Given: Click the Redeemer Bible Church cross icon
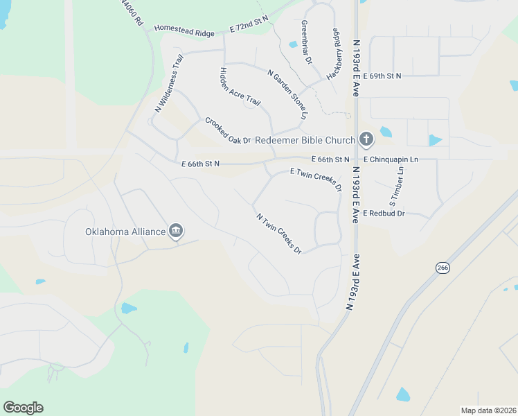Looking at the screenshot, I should pyautogui.click(x=366, y=139).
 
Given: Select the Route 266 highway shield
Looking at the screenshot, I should pyautogui.click(x=443, y=268).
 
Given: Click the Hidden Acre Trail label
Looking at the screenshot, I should pyautogui.click(x=240, y=87).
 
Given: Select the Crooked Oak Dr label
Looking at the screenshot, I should pyautogui.click(x=227, y=130).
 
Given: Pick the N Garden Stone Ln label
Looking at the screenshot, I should pyautogui.click(x=287, y=93).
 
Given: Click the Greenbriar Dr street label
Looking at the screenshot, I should pyautogui.click(x=305, y=42).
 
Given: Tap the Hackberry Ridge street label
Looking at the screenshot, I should pyautogui.click(x=334, y=53).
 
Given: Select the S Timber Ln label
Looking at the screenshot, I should pyautogui.click(x=397, y=187).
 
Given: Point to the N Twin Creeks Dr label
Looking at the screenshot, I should pyautogui.click(x=279, y=233).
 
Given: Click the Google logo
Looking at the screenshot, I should pyautogui.click(x=23, y=408).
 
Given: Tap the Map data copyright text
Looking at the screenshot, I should pyautogui.click(x=488, y=410).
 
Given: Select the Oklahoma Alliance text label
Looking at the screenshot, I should pyautogui.click(x=125, y=232).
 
